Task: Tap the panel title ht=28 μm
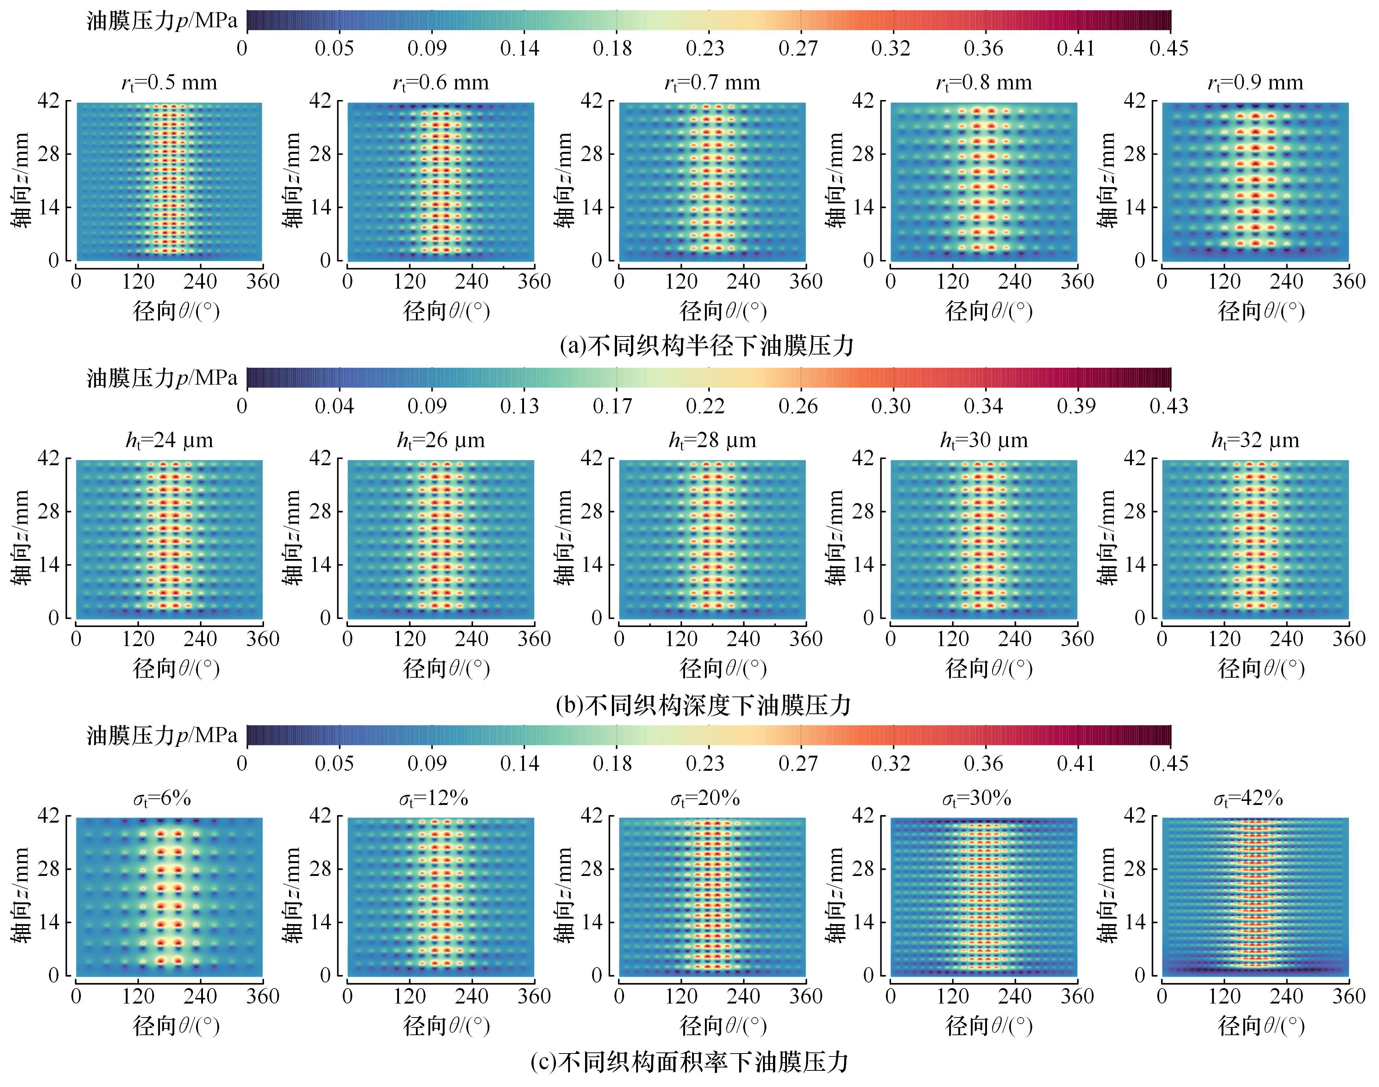pos(712,441)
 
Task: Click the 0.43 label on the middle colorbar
pos(1168,406)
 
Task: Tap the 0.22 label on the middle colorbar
pos(705,406)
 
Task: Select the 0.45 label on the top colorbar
pos(1168,49)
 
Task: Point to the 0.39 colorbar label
pos(1076,406)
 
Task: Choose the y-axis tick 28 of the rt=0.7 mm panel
pos(591,154)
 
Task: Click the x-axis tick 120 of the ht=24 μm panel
pos(138,639)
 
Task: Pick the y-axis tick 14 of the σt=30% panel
pos(863,922)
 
